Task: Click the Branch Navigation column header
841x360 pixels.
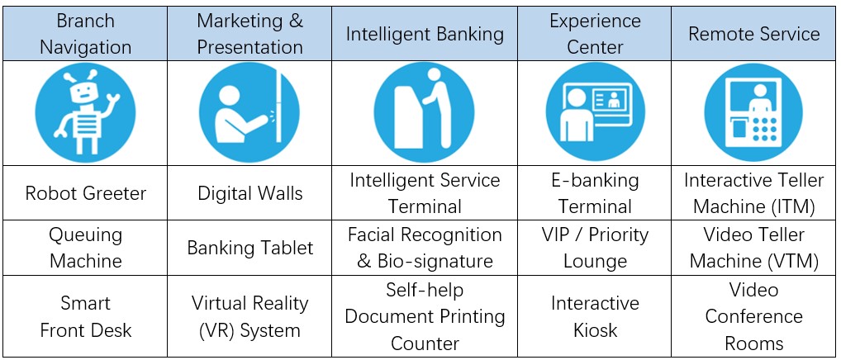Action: pyautogui.click(x=86, y=34)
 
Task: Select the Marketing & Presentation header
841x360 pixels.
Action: pyautogui.click(x=250, y=34)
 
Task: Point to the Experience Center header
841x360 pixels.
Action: pyautogui.click(x=595, y=34)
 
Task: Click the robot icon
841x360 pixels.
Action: pyautogui.click(x=85, y=112)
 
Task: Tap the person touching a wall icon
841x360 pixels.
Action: pyautogui.click(x=249, y=112)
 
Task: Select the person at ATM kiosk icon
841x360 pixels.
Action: pyautogui.click(x=425, y=112)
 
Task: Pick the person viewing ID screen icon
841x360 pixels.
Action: pyautogui.click(x=596, y=112)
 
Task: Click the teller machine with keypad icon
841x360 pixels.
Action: pyautogui.click(x=754, y=112)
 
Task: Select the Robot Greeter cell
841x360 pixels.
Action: pyautogui.click(x=86, y=193)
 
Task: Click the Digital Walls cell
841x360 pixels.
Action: pyautogui.click(x=250, y=193)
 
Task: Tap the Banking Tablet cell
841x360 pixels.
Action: pyautogui.click(x=250, y=248)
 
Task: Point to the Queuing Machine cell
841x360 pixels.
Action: pyautogui.click(x=86, y=248)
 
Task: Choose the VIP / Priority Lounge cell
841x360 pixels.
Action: pyautogui.click(x=595, y=248)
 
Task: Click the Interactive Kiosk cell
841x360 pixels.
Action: pyautogui.click(x=595, y=316)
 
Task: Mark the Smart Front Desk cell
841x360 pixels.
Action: pyautogui.click(x=86, y=316)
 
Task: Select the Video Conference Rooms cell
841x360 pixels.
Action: pyautogui.click(x=754, y=316)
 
